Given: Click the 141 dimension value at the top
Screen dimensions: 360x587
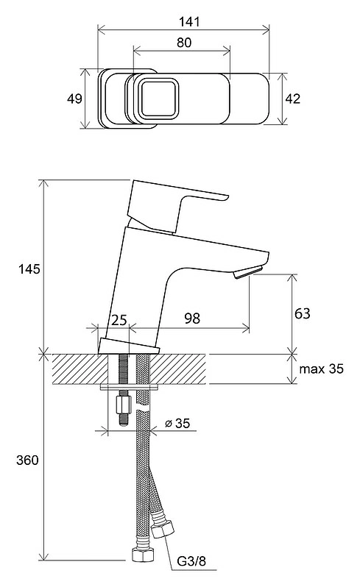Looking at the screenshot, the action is [x=189, y=22].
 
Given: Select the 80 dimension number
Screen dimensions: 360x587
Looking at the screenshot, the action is [x=184, y=43].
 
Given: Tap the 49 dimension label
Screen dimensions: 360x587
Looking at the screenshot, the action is [x=74, y=99].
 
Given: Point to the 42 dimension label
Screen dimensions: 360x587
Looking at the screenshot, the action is [x=292, y=99].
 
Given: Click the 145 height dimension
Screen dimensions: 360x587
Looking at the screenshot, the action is [x=29, y=268].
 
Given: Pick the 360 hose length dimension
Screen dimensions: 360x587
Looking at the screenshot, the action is [x=27, y=460].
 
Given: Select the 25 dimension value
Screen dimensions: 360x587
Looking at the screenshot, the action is [x=119, y=320].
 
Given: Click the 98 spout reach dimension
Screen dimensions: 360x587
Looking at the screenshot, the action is [x=192, y=319].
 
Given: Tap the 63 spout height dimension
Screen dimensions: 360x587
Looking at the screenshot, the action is [x=303, y=313].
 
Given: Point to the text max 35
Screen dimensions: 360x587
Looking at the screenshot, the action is [x=321, y=369].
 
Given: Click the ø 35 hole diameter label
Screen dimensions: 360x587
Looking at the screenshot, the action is [x=177, y=424].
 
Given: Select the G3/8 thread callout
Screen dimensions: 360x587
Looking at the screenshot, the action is [x=191, y=561].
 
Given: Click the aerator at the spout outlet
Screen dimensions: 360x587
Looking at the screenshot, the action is [x=247, y=271].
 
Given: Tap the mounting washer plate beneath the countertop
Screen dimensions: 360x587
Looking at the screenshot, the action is [x=130, y=387].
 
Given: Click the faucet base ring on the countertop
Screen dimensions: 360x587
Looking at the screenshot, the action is [x=129, y=346].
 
